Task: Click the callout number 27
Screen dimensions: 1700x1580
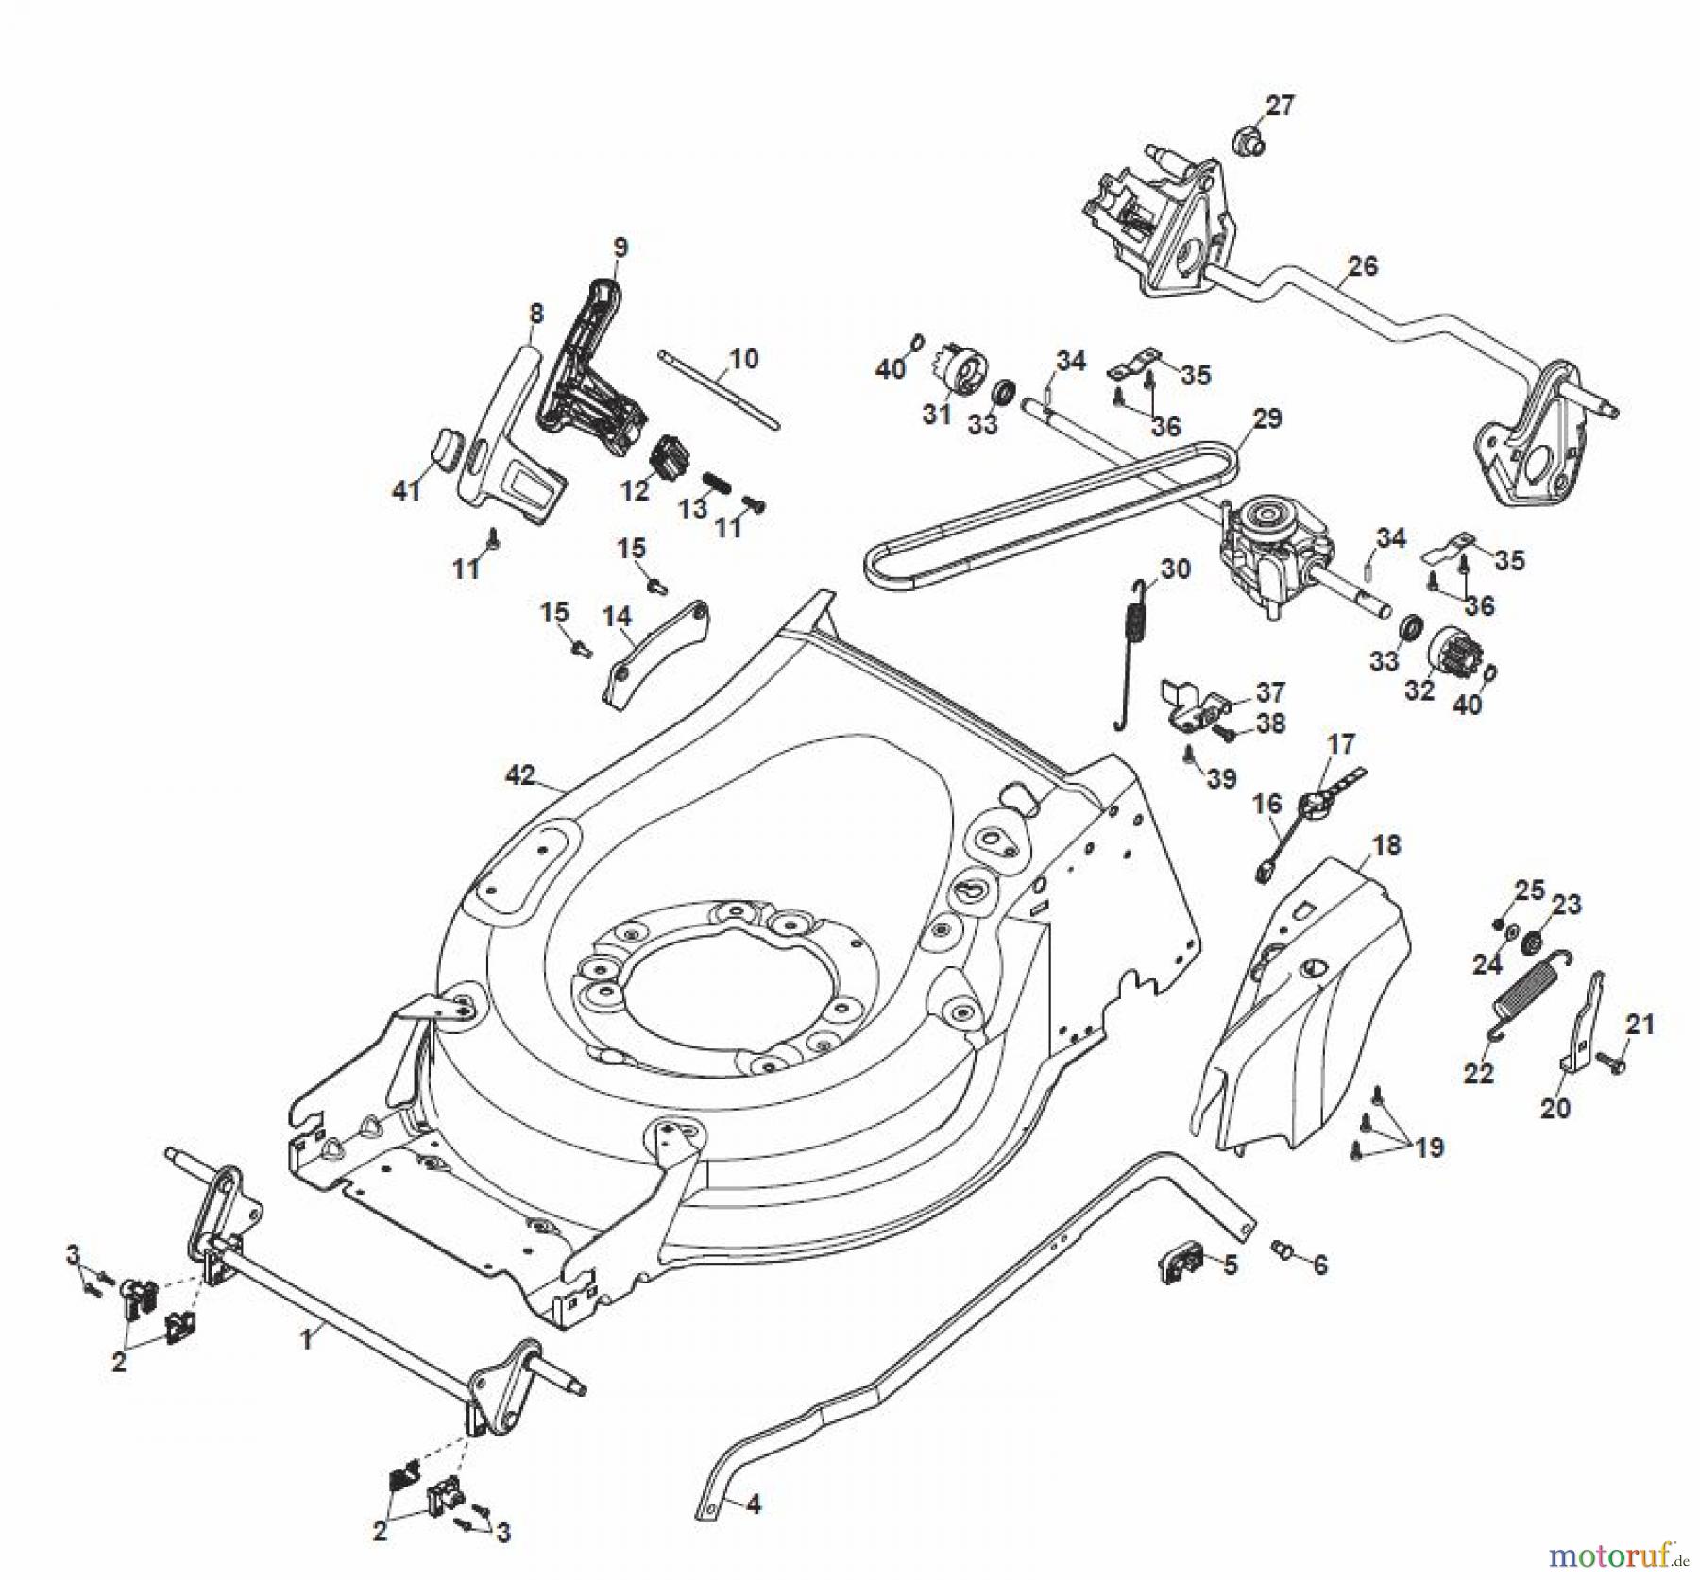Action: click(1280, 106)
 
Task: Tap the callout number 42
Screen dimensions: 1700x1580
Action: click(520, 775)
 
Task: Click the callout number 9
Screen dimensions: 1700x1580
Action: click(620, 247)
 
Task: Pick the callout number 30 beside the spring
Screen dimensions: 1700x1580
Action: click(1175, 569)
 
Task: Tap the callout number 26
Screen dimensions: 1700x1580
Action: click(1362, 265)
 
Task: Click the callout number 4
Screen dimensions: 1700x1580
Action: click(753, 1504)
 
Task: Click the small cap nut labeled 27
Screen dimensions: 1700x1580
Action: click(1249, 141)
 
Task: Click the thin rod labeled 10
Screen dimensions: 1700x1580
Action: click(718, 388)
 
